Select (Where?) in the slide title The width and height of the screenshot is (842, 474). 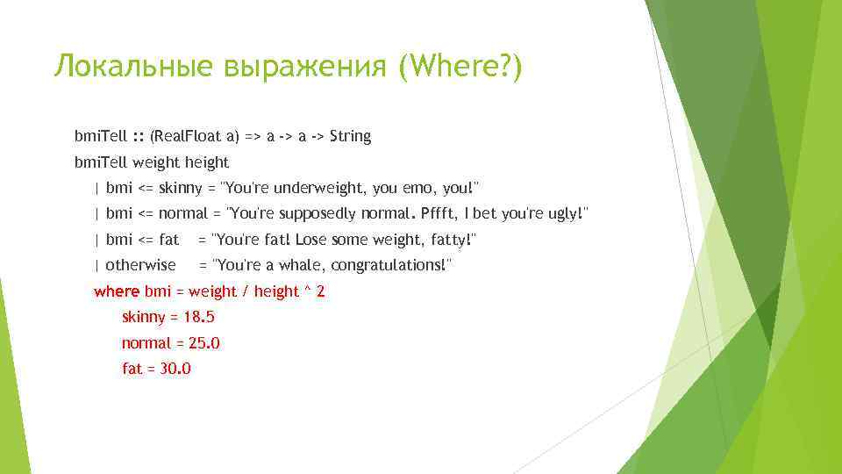[460, 67]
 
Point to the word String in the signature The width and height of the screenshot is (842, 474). [350, 136]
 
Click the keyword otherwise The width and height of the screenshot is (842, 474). [140, 265]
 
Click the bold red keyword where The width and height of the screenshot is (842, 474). [117, 291]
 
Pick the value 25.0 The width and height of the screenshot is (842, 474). [203, 343]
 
